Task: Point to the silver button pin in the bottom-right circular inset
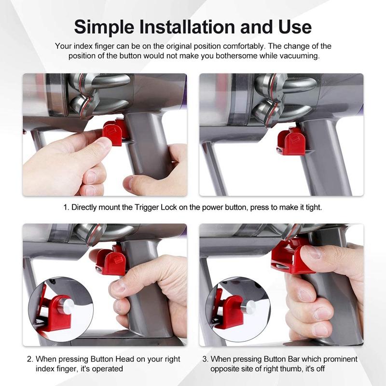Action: [x=249, y=308]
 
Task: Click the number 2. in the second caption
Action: [x=30, y=359]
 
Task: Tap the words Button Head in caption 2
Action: [x=118, y=359]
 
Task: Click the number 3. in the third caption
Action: [x=205, y=359]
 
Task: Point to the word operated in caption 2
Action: [x=109, y=369]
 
